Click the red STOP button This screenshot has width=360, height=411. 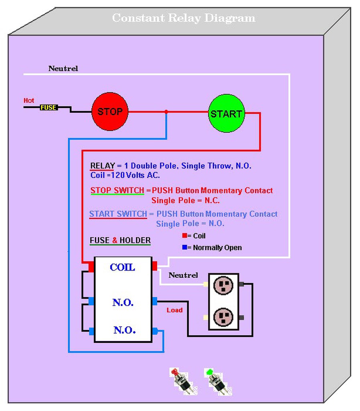coord(109,112)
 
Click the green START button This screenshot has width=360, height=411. coord(226,114)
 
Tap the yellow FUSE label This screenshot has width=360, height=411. coord(48,108)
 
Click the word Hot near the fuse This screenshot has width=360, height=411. coord(29,100)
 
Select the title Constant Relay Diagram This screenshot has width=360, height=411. coord(184,18)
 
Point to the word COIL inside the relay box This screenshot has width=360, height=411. coord(122,267)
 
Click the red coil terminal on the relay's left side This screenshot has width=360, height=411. coord(91,266)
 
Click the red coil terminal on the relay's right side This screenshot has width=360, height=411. coord(155,266)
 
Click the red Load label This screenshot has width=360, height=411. coord(174,310)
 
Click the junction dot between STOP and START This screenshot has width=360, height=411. coord(166,112)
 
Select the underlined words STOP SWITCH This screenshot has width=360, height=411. coord(117,190)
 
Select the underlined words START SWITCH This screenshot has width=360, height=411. coord(118,214)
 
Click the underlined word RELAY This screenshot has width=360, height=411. coord(102,166)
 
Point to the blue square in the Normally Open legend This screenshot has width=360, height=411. coord(184,248)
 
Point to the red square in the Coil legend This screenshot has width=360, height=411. coord(184,236)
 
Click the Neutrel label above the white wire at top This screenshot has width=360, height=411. coord(63,69)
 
